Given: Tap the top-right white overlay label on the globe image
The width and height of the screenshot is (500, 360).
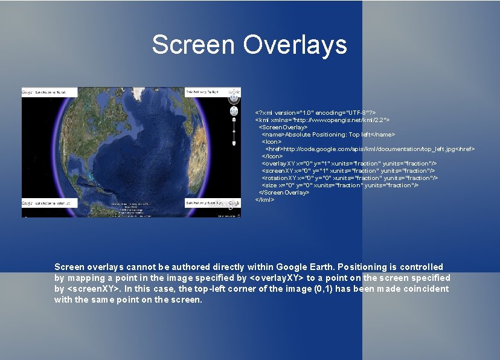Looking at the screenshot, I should coord(202,92).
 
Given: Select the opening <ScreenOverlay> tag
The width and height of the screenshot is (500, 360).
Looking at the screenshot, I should coord(283,127).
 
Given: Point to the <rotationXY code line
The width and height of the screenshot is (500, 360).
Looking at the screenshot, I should coord(349,178).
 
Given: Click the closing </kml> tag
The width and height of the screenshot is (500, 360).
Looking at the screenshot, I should coord(264,199).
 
